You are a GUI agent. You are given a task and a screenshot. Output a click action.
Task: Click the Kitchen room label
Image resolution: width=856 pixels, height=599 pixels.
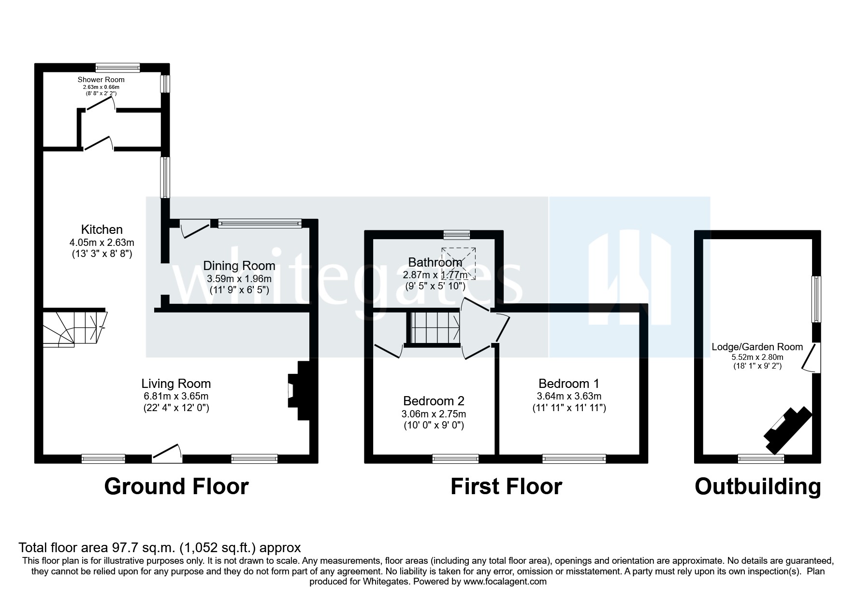102,229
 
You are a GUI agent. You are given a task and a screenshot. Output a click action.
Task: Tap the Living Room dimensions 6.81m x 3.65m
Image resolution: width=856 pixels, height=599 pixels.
176,396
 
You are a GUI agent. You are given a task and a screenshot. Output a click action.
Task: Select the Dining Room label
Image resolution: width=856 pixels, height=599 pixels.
239,266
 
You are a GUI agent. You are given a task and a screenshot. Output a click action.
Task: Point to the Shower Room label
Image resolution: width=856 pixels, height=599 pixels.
101,80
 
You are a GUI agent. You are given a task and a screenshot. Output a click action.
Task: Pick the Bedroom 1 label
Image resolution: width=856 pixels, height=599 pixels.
569,384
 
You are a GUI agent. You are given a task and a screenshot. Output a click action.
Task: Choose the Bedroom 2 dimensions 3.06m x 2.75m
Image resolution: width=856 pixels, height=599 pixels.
434,414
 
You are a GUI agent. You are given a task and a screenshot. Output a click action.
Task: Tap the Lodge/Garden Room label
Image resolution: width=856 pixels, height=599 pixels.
757,347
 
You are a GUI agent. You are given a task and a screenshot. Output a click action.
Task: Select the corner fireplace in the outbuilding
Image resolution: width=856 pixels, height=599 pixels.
786,429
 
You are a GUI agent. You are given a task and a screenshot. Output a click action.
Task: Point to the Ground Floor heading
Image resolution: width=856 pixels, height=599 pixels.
176,486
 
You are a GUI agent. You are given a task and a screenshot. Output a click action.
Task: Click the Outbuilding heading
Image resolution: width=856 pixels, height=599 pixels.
757,486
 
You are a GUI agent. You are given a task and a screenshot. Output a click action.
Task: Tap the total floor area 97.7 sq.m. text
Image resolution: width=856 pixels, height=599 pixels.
160,547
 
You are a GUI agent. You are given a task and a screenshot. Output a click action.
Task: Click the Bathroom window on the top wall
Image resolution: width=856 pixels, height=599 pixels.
457,235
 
